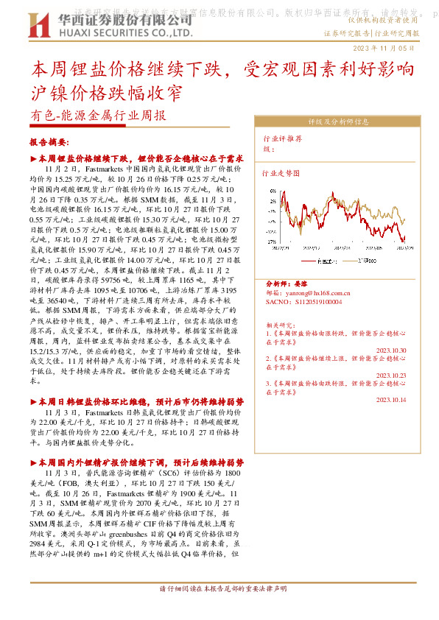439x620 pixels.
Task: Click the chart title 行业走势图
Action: click(x=281, y=174)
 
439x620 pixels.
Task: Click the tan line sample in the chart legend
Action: click(x=354, y=261)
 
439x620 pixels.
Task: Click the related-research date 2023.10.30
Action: click(x=392, y=350)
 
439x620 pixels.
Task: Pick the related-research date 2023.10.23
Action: click(x=392, y=375)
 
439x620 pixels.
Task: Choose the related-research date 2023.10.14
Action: click(x=392, y=399)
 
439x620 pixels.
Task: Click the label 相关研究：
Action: click(x=281, y=323)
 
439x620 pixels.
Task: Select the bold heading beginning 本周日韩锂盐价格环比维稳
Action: click(x=141, y=402)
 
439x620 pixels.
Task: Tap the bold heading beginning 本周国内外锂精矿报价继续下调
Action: click(x=141, y=462)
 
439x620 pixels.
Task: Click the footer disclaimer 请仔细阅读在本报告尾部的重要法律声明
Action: click(x=222, y=589)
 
